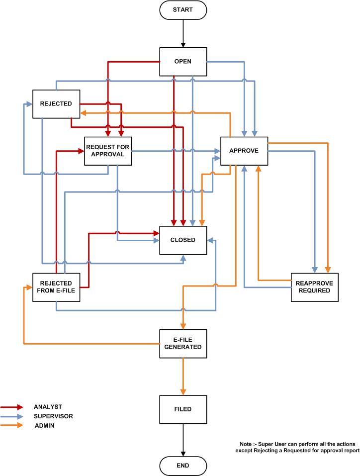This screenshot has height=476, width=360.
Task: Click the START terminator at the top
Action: pyautogui.click(x=183, y=9)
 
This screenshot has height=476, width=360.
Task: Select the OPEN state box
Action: pyautogui.click(x=183, y=62)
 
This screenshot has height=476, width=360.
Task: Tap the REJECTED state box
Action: pyautogui.click(x=56, y=103)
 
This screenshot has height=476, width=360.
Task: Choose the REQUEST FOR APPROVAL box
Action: pyautogui.click(x=108, y=150)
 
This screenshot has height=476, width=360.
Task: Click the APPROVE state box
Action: pyautogui.click(x=244, y=150)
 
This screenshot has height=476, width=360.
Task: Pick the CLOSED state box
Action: pyautogui.click(x=183, y=240)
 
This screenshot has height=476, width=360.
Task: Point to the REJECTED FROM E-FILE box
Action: pyautogui.click(x=56, y=287)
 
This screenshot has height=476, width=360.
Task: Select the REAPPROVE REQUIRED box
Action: pyautogui.click(x=315, y=287)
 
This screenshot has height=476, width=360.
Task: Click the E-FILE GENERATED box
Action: pyautogui.click(x=183, y=344)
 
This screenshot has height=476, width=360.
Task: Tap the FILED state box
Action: pyautogui.click(x=183, y=409)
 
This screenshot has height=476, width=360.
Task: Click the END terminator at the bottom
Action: pyautogui.click(x=183, y=466)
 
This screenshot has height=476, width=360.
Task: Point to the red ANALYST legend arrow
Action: pyautogui.click(x=13, y=407)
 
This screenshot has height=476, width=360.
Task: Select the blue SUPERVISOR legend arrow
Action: pyautogui.click(x=13, y=416)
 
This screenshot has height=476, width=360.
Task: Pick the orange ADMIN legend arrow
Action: pyautogui.click(x=13, y=425)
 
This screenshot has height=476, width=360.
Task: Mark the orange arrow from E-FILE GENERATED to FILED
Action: pyautogui.click(x=183, y=376)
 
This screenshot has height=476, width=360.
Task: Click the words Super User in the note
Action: pyautogui.click(x=268, y=443)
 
